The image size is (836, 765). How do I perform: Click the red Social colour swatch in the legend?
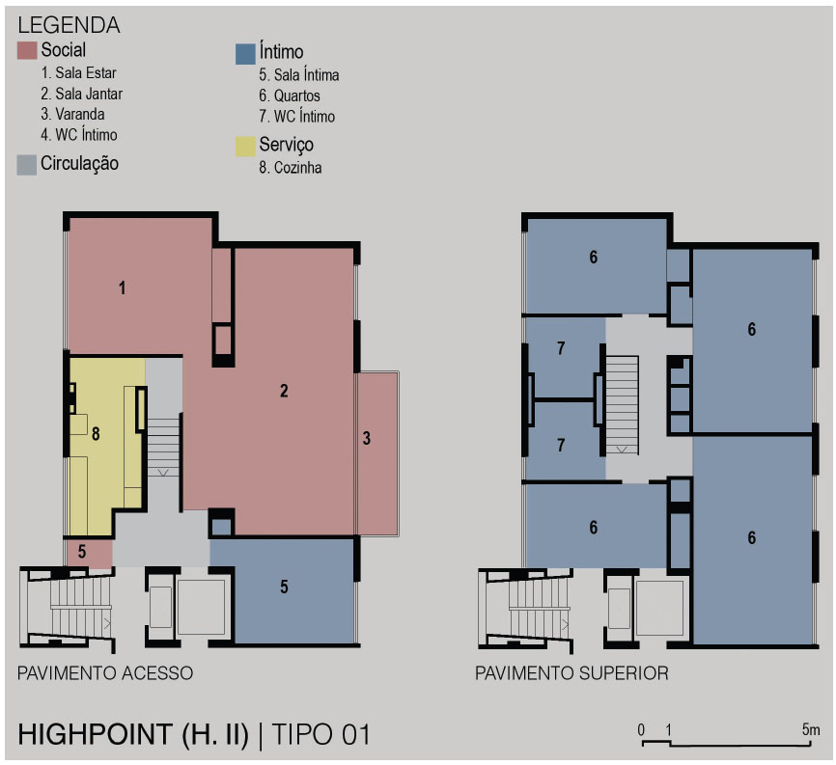click(x=27, y=50)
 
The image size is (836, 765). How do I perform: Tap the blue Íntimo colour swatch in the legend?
click(x=245, y=54)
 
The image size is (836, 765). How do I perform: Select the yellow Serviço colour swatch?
click(x=245, y=147)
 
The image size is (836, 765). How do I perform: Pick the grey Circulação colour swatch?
click(x=27, y=165)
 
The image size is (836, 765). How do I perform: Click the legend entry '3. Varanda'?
click(x=72, y=114)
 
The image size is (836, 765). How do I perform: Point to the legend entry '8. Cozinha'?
click(x=290, y=167)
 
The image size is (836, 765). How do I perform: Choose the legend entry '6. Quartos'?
click(x=290, y=96)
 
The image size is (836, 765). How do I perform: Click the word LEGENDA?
click(x=69, y=25)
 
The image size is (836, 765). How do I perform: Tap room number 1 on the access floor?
click(x=122, y=288)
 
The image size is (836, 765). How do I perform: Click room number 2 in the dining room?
click(x=284, y=391)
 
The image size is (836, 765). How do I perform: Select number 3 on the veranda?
click(x=367, y=438)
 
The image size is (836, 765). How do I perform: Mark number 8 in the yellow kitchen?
click(x=96, y=434)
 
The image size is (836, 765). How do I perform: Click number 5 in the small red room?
click(x=82, y=552)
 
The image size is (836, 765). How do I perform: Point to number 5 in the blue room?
click(x=284, y=587)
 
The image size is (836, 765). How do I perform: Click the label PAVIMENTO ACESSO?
click(x=105, y=673)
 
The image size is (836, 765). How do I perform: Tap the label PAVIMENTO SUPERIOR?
click(x=571, y=673)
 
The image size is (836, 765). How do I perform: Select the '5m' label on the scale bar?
click(x=811, y=729)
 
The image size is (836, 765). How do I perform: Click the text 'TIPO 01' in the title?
click(x=320, y=735)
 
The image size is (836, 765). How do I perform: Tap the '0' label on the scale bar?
click(x=641, y=730)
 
